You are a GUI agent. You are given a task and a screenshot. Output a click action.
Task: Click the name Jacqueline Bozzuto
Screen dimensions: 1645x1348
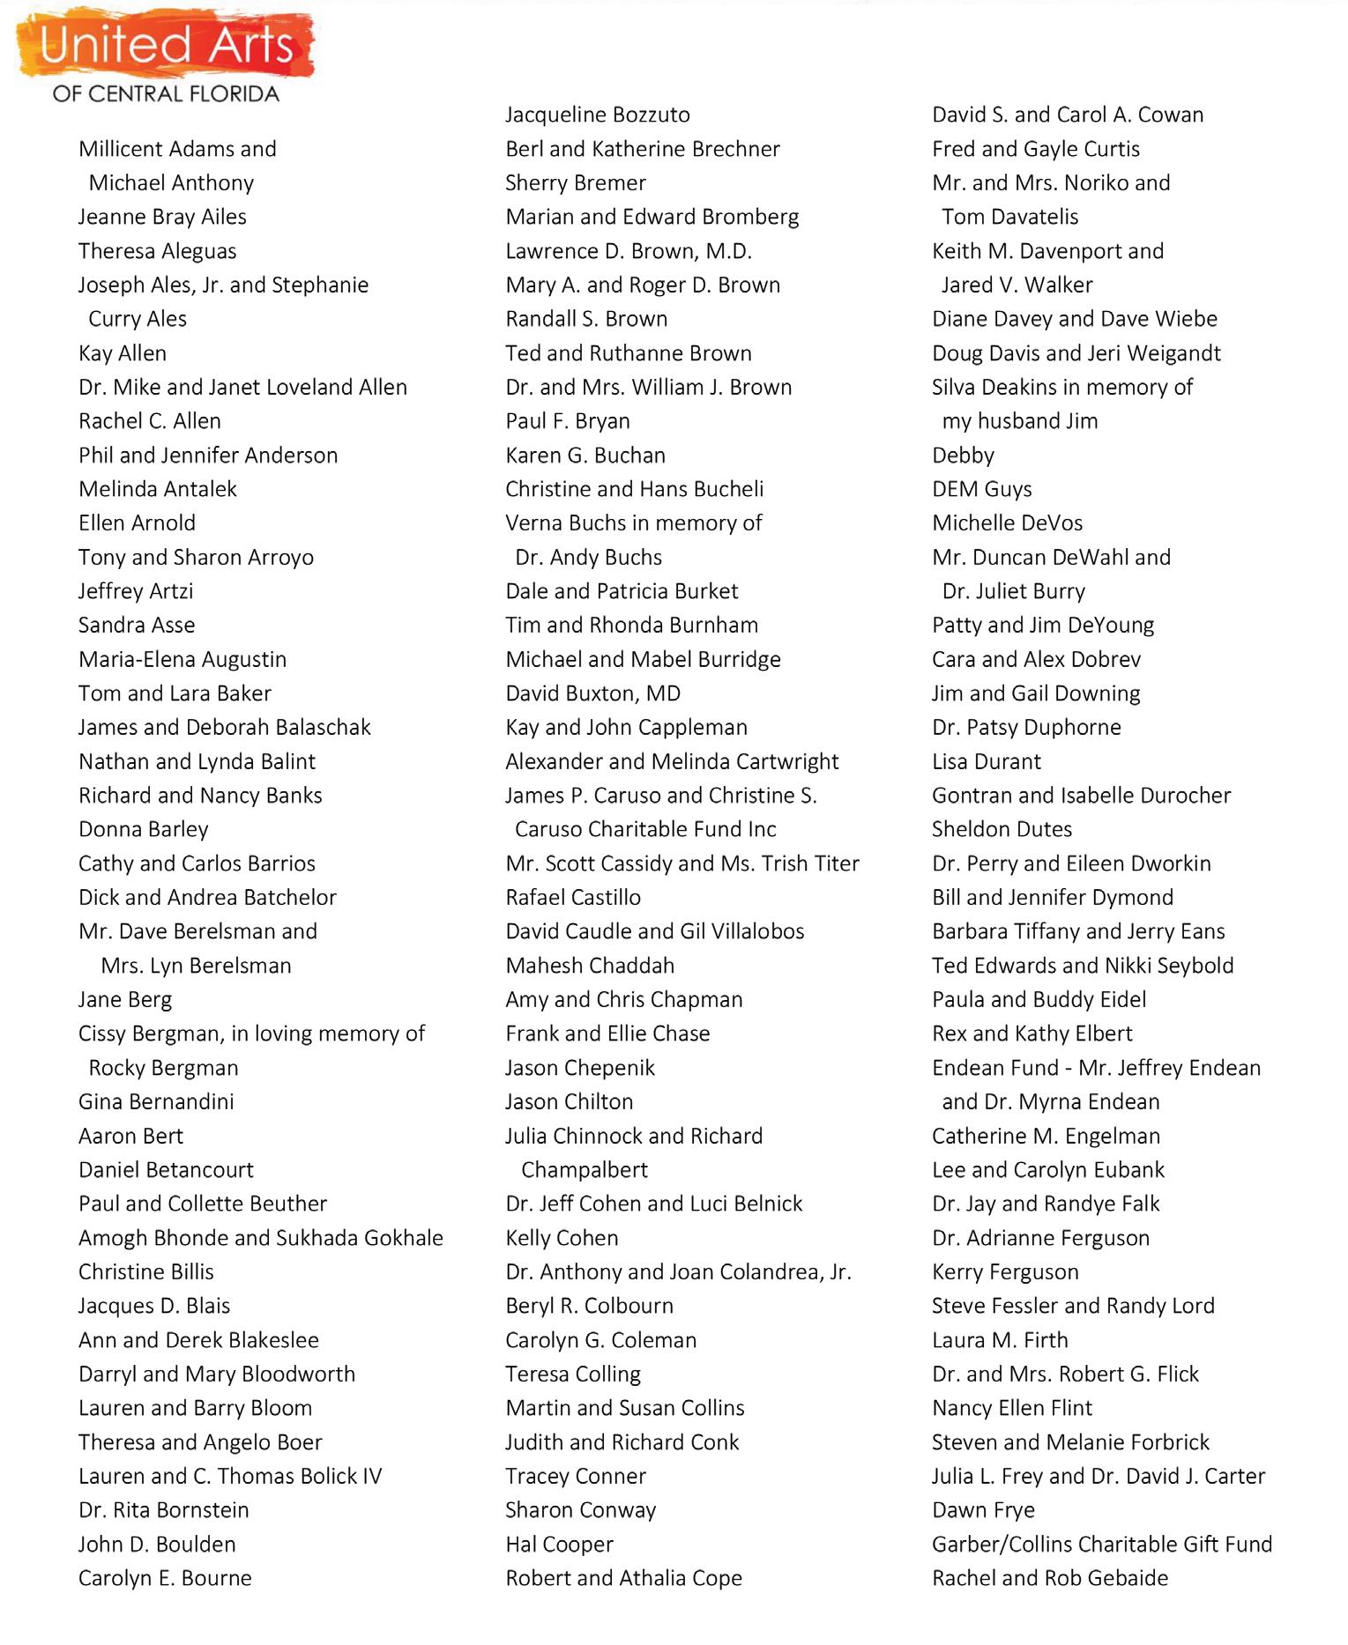[x=597, y=115]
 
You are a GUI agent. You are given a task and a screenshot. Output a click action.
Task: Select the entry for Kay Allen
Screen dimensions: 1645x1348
[x=122, y=353]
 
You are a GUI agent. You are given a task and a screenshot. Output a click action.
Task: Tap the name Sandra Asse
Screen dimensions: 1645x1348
[x=137, y=626]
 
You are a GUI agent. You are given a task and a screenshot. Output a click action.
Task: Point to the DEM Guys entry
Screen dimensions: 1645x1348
[x=981, y=489]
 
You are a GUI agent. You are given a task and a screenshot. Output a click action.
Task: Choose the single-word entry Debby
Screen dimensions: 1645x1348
[x=963, y=456]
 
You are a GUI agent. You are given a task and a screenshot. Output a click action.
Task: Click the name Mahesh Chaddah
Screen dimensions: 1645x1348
[x=589, y=966]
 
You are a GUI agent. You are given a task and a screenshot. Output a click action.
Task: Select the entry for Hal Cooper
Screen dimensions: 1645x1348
[x=559, y=1545]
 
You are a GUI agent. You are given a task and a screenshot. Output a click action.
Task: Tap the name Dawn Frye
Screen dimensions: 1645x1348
[x=983, y=1510]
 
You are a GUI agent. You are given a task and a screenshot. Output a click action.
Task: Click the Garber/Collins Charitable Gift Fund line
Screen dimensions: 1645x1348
[x=1101, y=1545]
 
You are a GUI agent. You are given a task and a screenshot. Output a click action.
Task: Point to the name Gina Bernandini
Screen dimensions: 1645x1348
[x=156, y=1102]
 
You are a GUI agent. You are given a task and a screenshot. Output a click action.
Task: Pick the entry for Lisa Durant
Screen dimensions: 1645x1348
[x=986, y=761]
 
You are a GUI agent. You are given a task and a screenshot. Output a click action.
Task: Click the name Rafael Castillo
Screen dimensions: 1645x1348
[x=572, y=898]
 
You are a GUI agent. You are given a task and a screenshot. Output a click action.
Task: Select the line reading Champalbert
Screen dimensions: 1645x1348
[x=584, y=1170]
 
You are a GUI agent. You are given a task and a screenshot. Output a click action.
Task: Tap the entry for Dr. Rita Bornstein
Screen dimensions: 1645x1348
[x=163, y=1510]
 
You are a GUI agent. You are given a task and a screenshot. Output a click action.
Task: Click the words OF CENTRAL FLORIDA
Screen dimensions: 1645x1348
[x=166, y=94]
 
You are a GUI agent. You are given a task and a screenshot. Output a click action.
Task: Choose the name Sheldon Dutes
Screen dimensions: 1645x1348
[x=1002, y=829]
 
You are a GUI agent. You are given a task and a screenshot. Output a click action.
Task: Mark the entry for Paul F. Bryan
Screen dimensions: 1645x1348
[x=567, y=421]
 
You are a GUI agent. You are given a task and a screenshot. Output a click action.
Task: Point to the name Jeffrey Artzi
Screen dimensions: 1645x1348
[x=135, y=591]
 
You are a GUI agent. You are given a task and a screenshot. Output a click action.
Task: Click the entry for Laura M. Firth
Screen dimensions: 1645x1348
[x=999, y=1340]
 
